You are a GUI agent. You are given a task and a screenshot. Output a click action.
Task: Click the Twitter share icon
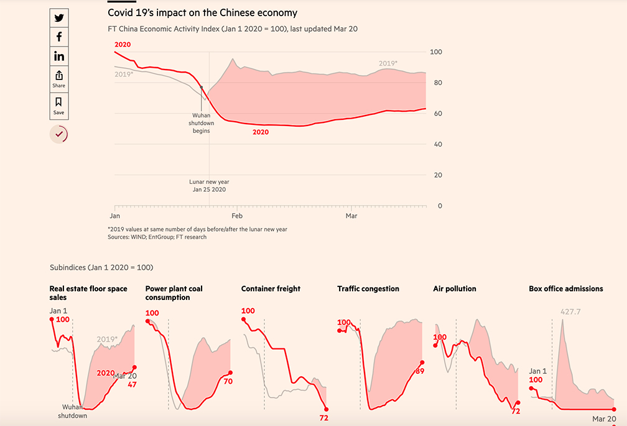pyautogui.click(x=59, y=18)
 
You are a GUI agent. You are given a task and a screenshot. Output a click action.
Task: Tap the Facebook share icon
pyautogui.click(x=59, y=37)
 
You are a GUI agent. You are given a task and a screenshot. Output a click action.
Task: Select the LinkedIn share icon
pyautogui.click(x=59, y=57)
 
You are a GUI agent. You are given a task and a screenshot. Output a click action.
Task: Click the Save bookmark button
pyautogui.click(x=59, y=106)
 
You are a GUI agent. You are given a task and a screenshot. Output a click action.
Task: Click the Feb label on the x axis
pyautogui.click(x=237, y=216)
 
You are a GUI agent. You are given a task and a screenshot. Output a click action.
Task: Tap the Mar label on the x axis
pyautogui.click(x=351, y=216)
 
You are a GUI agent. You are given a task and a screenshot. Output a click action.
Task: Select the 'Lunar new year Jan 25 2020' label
pyautogui.click(x=209, y=186)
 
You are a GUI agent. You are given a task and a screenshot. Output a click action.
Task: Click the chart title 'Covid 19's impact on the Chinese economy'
pyautogui.click(x=202, y=12)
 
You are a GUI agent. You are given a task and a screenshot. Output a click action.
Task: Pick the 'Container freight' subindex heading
pyautogui.click(x=271, y=289)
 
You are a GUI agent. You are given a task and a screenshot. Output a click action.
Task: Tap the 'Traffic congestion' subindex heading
pyautogui.click(x=368, y=289)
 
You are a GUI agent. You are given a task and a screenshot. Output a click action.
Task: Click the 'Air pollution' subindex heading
pyautogui.click(x=455, y=289)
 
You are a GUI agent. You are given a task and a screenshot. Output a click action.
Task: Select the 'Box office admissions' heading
pyautogui.click(x=565, y=289)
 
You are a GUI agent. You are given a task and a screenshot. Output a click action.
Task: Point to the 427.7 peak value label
pyautogui.click(x=571, y=312)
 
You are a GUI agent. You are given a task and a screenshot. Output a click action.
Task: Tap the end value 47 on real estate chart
pyautogui.click(x=132, y=384)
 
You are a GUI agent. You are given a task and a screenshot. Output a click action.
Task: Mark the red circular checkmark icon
pyautogui.click(x=59, y=134)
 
